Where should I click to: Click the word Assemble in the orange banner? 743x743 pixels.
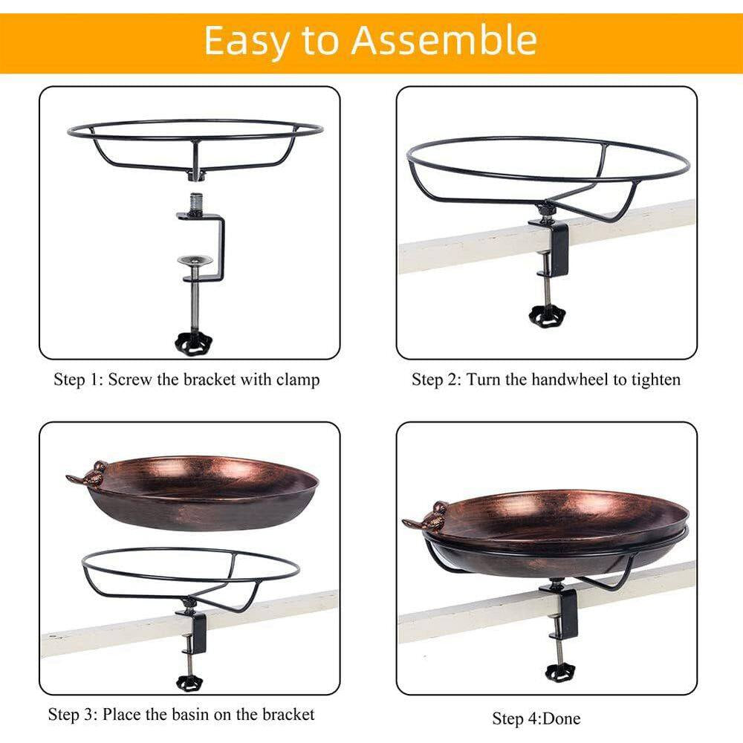click(444, 41)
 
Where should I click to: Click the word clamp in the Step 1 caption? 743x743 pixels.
click(295, 380)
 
